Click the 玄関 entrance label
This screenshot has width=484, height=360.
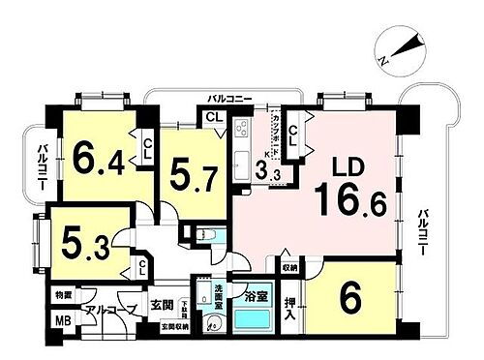[x=161, y=308]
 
